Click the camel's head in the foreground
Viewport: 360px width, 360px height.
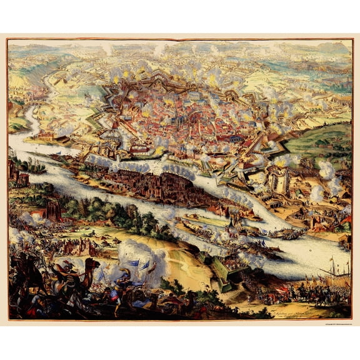pos(93,264)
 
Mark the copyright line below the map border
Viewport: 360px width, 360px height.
pos(325,324)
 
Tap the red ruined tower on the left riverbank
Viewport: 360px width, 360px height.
pos(53,209)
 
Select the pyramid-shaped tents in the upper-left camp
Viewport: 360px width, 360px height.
pos(59,81)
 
